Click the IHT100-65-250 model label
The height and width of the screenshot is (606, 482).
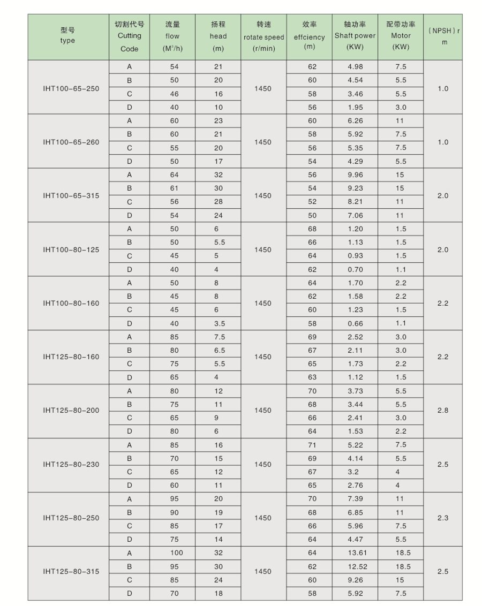pos(71,88)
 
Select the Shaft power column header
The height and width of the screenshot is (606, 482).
pos(355,36)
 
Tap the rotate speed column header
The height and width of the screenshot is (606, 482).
pos(263,37)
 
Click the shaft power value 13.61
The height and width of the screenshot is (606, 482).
pos(355,553)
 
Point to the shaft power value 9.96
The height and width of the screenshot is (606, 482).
pos(355,175)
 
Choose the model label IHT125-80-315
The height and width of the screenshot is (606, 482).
pos(71,572)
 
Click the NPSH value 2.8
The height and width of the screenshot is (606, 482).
pos(443,411)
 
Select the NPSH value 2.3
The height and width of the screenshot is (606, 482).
pos(443,518)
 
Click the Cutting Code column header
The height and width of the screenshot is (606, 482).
pos(129,36)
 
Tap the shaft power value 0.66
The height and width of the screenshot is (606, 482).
pos(355,323)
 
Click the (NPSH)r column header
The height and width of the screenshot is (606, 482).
pos(444,36)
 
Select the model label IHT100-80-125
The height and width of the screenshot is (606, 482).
pos(71,249)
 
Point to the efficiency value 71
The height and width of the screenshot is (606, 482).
pos(312,445)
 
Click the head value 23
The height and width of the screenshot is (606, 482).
pos(218,121)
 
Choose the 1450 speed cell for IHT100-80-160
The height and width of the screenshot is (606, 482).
pos(263,303)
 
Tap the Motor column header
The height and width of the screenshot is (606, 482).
pos(401,36)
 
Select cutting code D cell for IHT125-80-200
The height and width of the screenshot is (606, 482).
pos(129,431)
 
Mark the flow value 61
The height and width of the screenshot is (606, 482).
pos(175,188)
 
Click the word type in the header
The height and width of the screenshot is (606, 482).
pos(68,41)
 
